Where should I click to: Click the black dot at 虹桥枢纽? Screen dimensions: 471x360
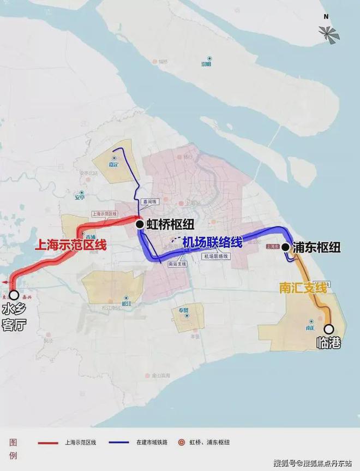click(140, 223)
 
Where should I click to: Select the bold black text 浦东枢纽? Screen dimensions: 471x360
click(316, 247)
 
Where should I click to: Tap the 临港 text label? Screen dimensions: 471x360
click(329, 344)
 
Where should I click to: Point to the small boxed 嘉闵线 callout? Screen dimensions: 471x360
click(147, 201)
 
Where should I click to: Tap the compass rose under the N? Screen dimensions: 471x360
click(329, 34)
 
